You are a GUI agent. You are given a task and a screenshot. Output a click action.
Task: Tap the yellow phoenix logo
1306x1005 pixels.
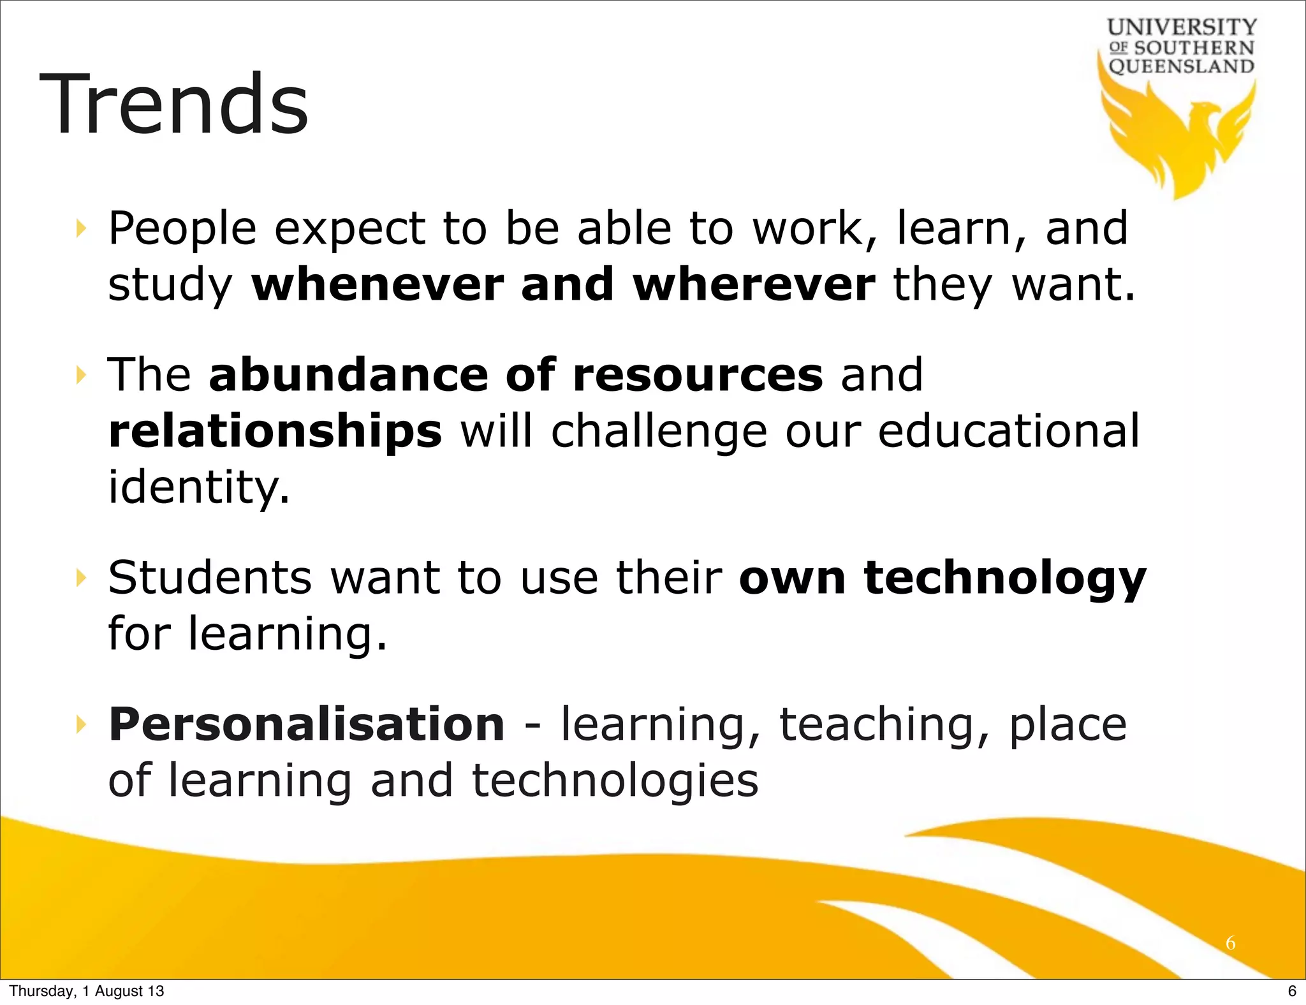[x=1180, y=137]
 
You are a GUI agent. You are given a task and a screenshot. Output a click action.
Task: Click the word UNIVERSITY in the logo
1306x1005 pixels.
[x=1182, y=27]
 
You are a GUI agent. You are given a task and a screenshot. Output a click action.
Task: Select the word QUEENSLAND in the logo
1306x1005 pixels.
[x=1182, y=66]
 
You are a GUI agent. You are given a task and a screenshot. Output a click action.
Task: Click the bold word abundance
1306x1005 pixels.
[x=349, y=374]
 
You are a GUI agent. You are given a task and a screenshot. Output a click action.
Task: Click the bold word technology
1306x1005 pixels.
[x=1005, y=579]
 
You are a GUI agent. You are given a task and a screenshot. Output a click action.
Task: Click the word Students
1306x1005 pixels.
[x=210, y=578]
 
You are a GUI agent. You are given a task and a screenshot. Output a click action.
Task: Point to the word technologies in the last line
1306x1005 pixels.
[x=615, y=781]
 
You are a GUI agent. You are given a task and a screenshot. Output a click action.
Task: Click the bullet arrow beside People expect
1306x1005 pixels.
[x=80, y=228]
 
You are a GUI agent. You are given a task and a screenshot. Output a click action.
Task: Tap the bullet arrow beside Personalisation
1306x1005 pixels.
[x=80, y=724]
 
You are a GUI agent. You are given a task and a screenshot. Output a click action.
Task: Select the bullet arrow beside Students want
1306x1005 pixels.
[x=80, y=578]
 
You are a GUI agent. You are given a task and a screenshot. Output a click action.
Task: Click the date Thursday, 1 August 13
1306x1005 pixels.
[x=87, y=991]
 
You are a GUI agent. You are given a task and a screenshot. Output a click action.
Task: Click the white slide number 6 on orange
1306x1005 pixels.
[x=1230, y=943]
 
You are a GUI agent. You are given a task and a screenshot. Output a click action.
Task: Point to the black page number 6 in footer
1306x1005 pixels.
[x=1292, y=991]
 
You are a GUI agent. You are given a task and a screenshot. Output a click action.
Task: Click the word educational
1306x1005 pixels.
[x=1008, y=431]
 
